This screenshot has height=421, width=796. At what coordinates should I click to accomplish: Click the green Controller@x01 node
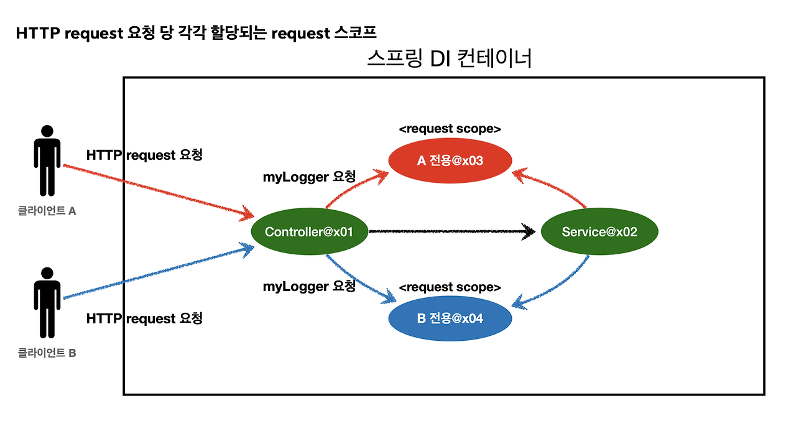[x=309, y=232]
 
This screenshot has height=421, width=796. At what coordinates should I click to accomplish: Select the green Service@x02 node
[x=599, y=232]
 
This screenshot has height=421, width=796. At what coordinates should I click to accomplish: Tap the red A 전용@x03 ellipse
[x=450, y=161]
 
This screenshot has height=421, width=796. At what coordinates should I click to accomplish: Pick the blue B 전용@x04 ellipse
[x=450, y=319]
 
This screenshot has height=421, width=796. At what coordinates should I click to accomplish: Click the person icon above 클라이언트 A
[x=47, y=160]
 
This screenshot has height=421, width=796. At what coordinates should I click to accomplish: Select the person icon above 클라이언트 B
[x=47, y=303]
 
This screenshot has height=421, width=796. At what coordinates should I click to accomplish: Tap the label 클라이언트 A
[x=47, y=211]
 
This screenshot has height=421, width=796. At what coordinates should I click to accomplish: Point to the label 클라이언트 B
[x=47, y=353]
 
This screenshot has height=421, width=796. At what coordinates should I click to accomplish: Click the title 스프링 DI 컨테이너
[x=450, y=59]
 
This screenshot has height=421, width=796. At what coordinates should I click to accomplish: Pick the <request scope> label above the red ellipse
[x=450, y=129]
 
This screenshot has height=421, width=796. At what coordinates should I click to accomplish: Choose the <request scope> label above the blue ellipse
[x=450, y=287]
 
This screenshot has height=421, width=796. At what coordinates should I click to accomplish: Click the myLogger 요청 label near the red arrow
[x=310, y=177]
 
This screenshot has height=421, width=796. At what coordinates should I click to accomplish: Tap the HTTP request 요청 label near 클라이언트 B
[x=144, y=318]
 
